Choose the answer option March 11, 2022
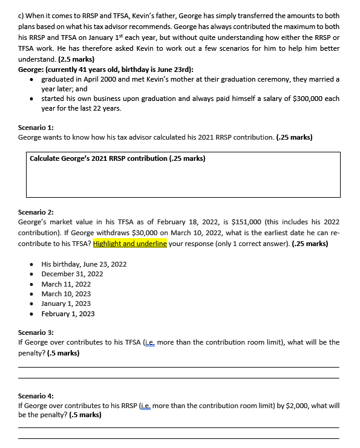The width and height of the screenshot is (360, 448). [66, 284]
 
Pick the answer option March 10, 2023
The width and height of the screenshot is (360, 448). [66, 294]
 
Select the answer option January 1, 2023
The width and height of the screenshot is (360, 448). [66, 304]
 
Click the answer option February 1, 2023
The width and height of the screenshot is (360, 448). [68, 314]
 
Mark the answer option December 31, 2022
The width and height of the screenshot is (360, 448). [72, 274]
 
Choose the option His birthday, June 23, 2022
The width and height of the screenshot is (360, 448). [83, 264]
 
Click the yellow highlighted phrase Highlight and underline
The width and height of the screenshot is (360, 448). [130, 244]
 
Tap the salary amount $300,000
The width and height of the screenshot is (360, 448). [307, 99]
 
